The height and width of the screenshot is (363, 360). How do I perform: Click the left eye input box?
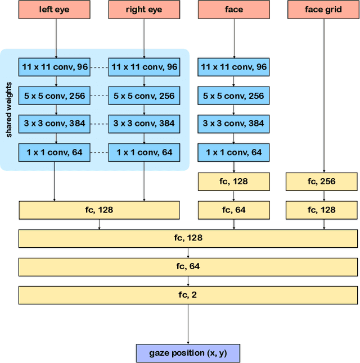click(54, 10)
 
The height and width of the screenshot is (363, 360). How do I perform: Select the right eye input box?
click(144, 10)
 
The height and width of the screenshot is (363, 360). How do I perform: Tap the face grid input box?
click(323, 10)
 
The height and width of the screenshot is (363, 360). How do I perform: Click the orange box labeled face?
click(234, 10)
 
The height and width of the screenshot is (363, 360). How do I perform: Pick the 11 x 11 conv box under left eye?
click(54, 67)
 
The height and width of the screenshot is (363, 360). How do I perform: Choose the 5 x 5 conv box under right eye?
click(144, 96)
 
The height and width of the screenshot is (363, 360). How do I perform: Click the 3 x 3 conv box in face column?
click(234, 124)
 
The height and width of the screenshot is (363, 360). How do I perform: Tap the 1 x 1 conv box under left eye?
click(54, 152)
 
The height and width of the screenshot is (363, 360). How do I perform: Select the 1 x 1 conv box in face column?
click(234, 152)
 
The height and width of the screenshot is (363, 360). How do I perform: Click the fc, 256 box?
click(322, 182)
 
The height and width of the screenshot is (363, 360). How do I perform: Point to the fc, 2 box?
click(188, 294)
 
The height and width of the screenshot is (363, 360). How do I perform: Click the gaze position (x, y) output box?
click(188, 353)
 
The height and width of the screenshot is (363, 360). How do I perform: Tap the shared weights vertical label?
click(10, 110)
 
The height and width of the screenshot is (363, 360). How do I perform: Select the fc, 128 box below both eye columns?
click(99, 210)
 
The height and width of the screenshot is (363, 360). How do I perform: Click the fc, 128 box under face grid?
click(322, 210)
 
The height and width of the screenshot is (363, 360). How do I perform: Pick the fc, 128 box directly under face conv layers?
click(234, 182)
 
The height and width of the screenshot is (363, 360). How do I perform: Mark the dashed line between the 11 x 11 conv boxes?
click(99, 67)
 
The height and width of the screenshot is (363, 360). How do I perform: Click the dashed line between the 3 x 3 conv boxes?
click(99, 124)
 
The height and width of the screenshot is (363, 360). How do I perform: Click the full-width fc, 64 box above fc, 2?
click(188, 266)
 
